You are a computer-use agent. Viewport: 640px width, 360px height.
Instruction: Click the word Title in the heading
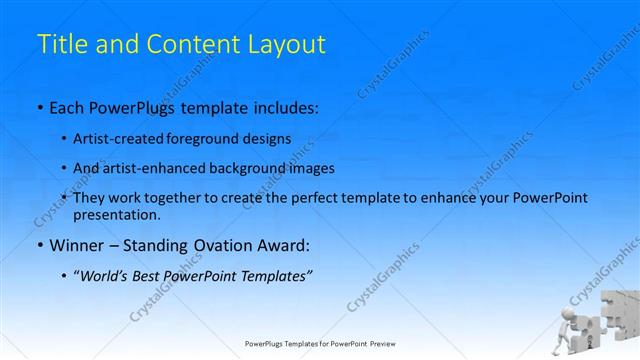(59, 45)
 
